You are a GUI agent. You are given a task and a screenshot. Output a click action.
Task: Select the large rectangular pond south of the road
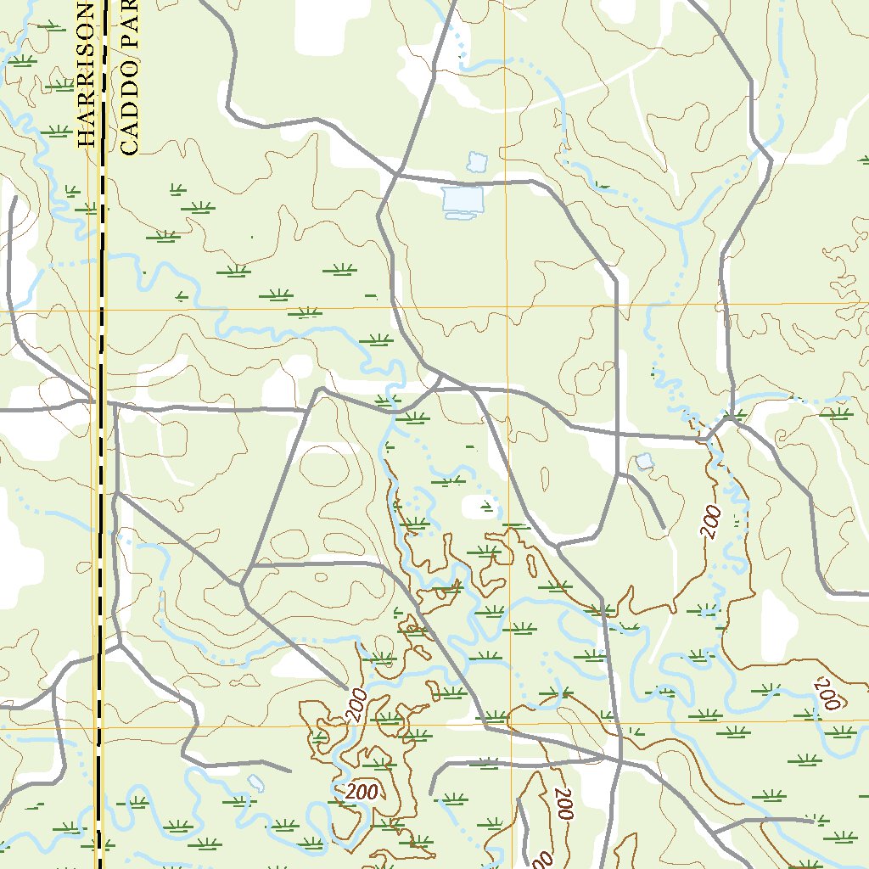(x=463, y=201)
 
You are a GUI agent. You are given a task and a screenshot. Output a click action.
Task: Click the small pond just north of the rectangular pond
(x=477, y=161)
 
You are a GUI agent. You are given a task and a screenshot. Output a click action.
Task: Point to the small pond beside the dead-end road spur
(x=645, y=462)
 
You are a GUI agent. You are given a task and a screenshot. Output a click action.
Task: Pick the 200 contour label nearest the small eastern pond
(x=710, y=521)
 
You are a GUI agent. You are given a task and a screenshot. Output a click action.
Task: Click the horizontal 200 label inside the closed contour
(x=362, y=792)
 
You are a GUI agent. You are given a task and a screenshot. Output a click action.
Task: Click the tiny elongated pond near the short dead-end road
(x=255, y=782)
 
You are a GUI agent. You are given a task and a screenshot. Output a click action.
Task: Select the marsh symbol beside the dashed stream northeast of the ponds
(x=603, y=183)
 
